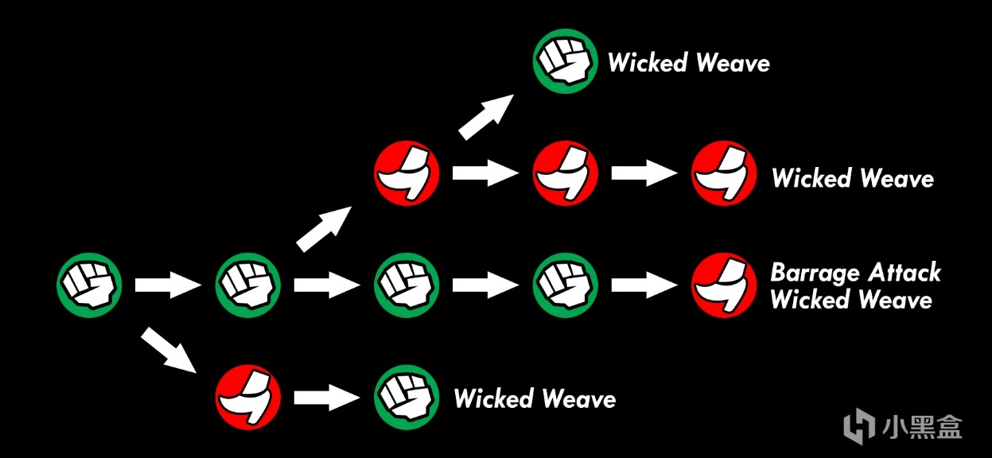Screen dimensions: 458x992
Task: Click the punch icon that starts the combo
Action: (x=88, y=285)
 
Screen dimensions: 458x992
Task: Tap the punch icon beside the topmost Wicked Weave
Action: (x=566, y=62)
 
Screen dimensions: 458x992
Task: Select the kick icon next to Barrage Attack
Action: (x=724, y=285)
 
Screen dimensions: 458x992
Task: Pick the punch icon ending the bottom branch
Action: (x=407, y=397)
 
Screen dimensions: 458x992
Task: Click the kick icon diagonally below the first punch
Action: (x=247, y=397)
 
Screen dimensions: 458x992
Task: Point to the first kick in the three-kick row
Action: (x=407, y=173)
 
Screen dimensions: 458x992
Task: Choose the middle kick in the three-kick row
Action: (x=566, y=173)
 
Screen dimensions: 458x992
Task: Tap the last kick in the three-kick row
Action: (x=724, y=173)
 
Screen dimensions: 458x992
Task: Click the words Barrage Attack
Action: (x=855, y=274)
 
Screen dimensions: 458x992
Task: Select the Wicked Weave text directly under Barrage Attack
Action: (x=851, y=301)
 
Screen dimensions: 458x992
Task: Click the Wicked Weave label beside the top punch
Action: (x=689, y=63)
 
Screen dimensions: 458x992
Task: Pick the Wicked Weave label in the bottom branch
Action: (x=535, y=398)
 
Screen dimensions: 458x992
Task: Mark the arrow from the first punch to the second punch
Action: (x=168, y=285)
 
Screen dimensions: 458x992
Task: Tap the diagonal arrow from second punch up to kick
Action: (x=325, y=228)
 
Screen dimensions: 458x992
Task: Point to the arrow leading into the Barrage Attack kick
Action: (x=644, y=285)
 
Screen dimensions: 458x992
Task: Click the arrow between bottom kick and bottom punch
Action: (x=327, y=397)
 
